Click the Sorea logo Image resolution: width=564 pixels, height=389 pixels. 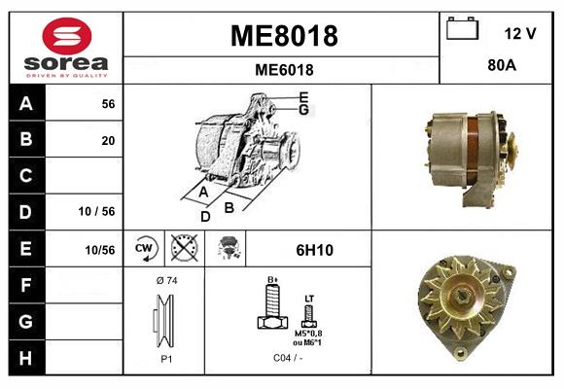[x=66, y=47]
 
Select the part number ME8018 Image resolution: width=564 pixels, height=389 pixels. [x=283, y=36]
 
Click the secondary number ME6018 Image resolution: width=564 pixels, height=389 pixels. [x=283, y=69]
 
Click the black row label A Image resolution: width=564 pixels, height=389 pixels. [x=25, y=104]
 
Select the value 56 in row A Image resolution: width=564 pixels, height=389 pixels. [x=108, y=104]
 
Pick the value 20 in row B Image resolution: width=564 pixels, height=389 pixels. [x=108, y=140]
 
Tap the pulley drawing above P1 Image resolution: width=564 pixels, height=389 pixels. [x=164, y=322]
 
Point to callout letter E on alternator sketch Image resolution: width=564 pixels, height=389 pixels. [x=304, y=96]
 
